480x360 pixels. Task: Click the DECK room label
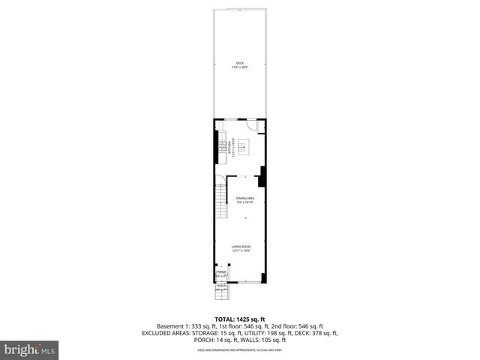point(240,62)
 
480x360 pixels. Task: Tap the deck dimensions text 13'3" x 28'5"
point(240,67)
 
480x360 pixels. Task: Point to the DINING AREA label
point(245,198)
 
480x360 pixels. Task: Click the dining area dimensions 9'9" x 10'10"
point(245,202)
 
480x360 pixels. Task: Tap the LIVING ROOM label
point(241,246)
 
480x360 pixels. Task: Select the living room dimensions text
point(241,251)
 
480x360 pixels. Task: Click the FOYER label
point(221,273)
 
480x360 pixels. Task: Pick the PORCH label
point(221,286)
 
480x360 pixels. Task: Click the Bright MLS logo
point(29,349)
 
